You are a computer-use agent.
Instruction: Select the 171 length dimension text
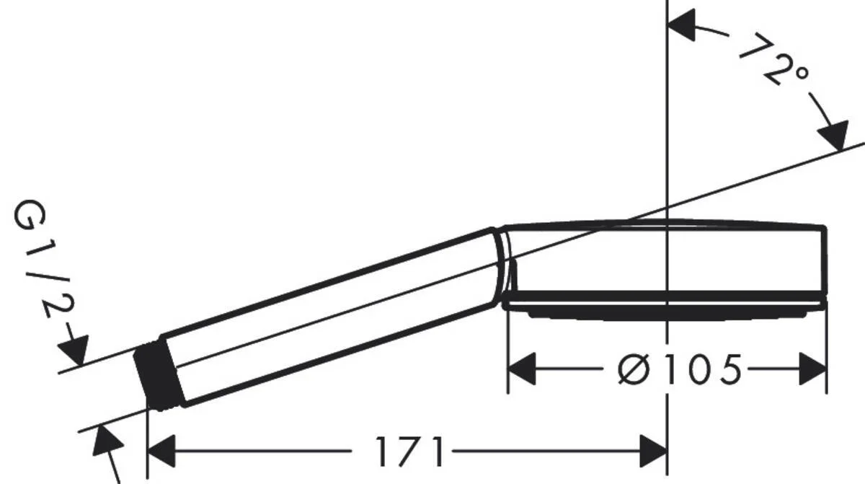click(409, 452)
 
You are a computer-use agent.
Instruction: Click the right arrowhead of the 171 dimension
click(652, 452)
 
